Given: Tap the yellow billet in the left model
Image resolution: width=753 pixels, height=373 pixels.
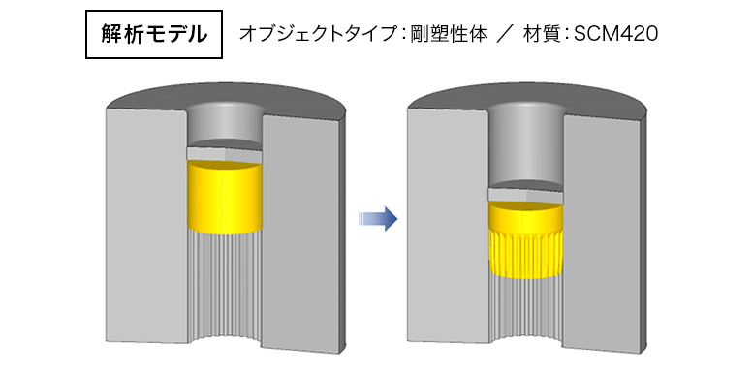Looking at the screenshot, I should tap(224, 199).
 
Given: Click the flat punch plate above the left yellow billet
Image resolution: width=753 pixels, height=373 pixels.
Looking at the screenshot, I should tap(224, 153).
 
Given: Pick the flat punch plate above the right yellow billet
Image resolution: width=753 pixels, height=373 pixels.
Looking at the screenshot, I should tap(526, 194).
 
